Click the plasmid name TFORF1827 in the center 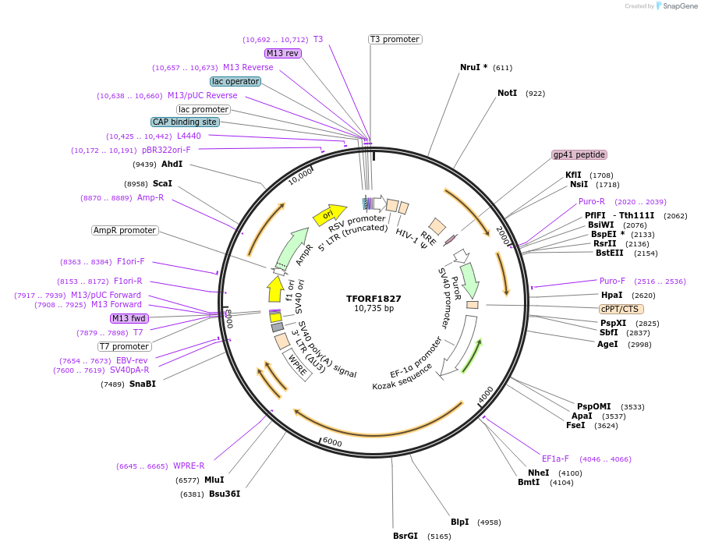tap(374, 299)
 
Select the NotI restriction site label tap(508, 93)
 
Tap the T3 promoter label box tap(395, 39)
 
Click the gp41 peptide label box tap(579, 154)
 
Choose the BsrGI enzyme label tap(405, 536)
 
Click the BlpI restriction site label tap(460, 522)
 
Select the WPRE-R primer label tap(189, 466)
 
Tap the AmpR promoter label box tap(125, 230)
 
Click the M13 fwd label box tap(129, 318)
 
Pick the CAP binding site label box tap(185, 122)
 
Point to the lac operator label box tap(235, 81)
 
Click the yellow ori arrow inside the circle tap(330, 214)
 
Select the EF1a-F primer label tap(555, 459)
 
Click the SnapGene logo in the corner tap(676, 6)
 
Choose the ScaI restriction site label tap(162, 183)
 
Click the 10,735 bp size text tap(374, 309)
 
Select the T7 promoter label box tap(125, 346)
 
